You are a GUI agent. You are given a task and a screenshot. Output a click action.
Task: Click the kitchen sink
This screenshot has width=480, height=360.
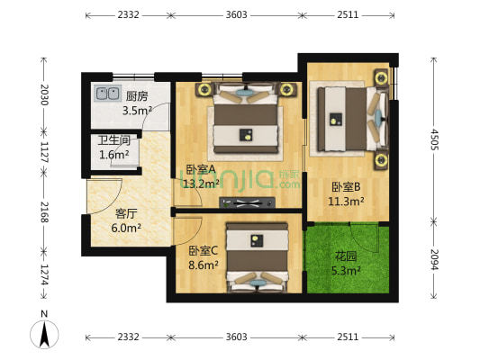click(x=108, y=93)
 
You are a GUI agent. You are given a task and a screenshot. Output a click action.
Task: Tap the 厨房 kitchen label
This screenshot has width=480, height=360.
click(x=137, y=96)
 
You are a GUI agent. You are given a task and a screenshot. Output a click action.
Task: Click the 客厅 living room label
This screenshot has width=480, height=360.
click(x=126, y=213)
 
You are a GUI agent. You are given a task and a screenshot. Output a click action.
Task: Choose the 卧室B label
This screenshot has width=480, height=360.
click(x=346, y=187)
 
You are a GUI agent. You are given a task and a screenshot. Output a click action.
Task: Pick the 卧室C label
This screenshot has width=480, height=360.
click(x=204, y=251)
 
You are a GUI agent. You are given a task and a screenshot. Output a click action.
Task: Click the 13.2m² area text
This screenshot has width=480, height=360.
click(x=201, y=184)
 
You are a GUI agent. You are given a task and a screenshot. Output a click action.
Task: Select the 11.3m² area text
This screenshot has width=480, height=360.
click(x=346, y=202)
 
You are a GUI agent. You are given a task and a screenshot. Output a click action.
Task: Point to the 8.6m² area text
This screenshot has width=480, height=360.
click(x=204, y=265)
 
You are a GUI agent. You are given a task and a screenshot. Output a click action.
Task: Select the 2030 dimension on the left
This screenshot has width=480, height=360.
click(x=42, y=93)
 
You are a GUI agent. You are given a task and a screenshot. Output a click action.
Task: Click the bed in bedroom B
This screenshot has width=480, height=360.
click(x=349, y=117)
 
